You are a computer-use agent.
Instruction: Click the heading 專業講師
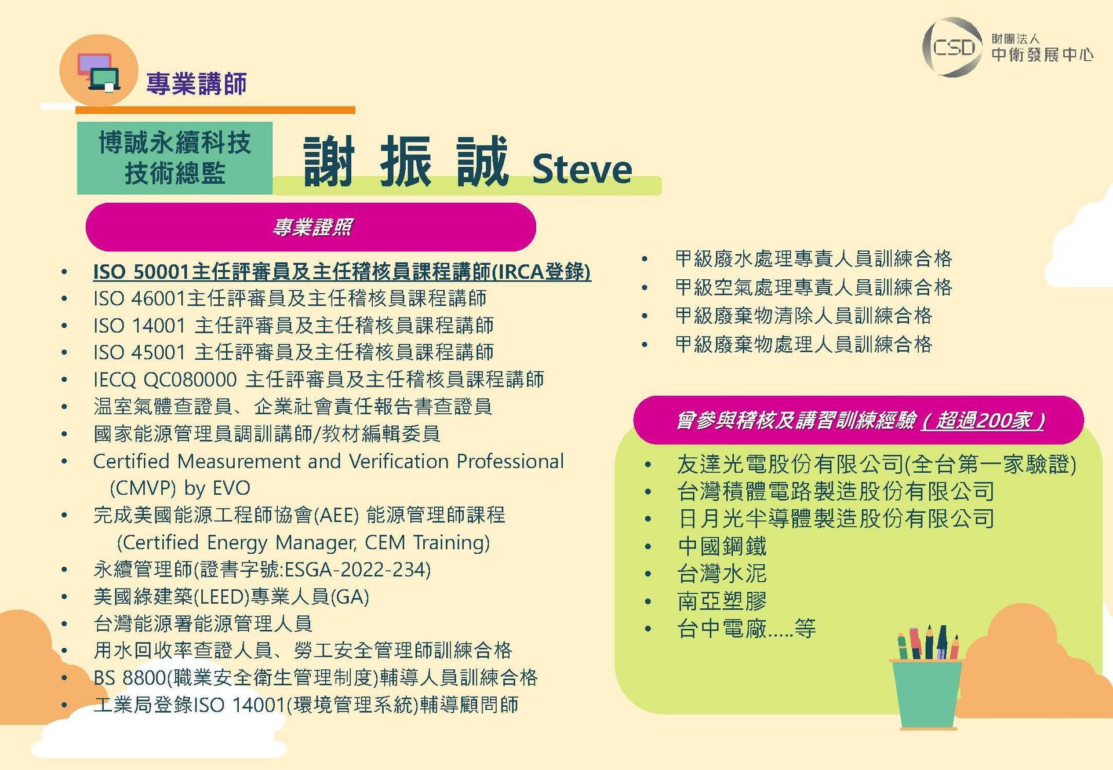point(197,83)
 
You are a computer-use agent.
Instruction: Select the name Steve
point(582,169)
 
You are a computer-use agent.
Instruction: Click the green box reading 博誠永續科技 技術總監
point(174,158)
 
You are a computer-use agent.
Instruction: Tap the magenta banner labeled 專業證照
point(311,227)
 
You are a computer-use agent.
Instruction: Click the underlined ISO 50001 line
point(342,271)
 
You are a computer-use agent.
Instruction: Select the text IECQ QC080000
point(165,379)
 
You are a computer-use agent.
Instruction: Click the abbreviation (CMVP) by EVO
point(180,488)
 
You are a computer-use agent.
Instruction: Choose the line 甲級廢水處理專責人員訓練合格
point(814,258)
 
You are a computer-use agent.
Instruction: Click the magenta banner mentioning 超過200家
point(859,420)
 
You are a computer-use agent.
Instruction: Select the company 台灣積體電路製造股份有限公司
point(836,491)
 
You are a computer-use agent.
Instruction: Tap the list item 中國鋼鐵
point(722,546)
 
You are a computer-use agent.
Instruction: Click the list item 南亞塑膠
point(722,601)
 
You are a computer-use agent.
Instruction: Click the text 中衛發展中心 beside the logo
point(1042,54)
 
